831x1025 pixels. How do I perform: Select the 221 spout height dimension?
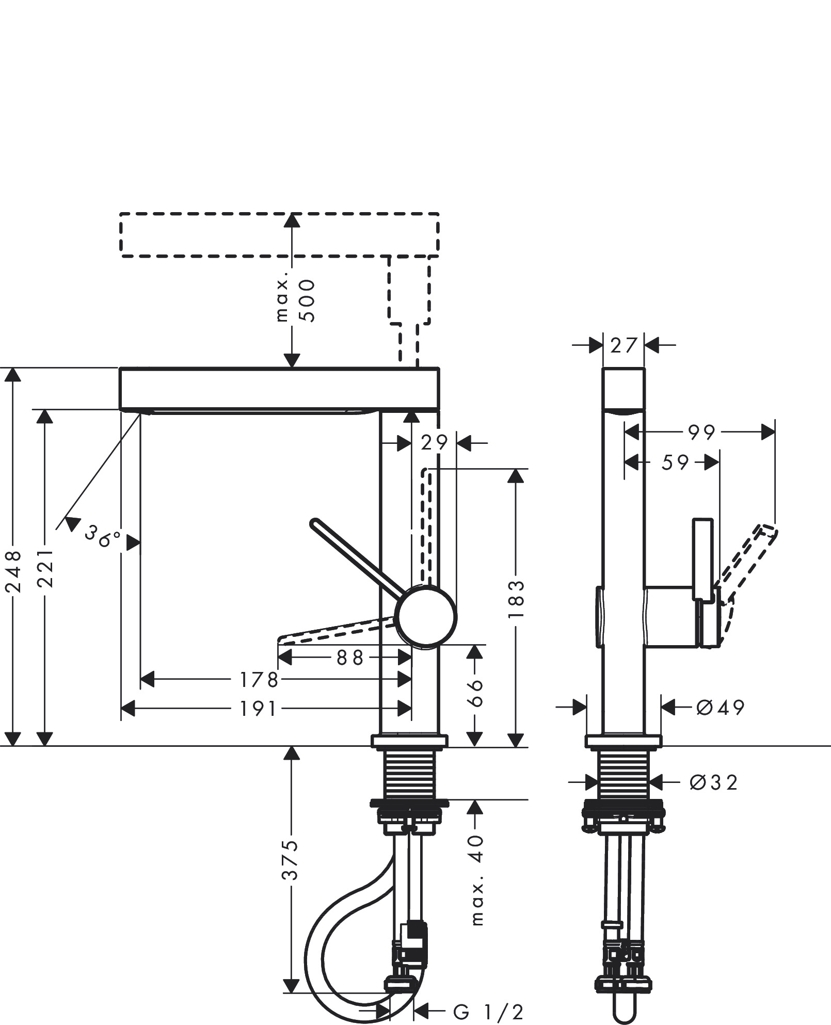point(46,568)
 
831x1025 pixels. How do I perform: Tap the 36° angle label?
point(102,537)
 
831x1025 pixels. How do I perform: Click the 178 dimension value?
point(258,680)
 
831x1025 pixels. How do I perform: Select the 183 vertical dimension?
point(515,599)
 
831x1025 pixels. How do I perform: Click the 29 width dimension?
point(434,442)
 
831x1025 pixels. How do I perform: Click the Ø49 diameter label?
point(720,707)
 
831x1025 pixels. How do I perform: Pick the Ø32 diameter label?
point(713,782)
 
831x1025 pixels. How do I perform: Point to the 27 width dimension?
point(624,345)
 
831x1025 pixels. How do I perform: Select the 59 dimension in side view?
point(675,462)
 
